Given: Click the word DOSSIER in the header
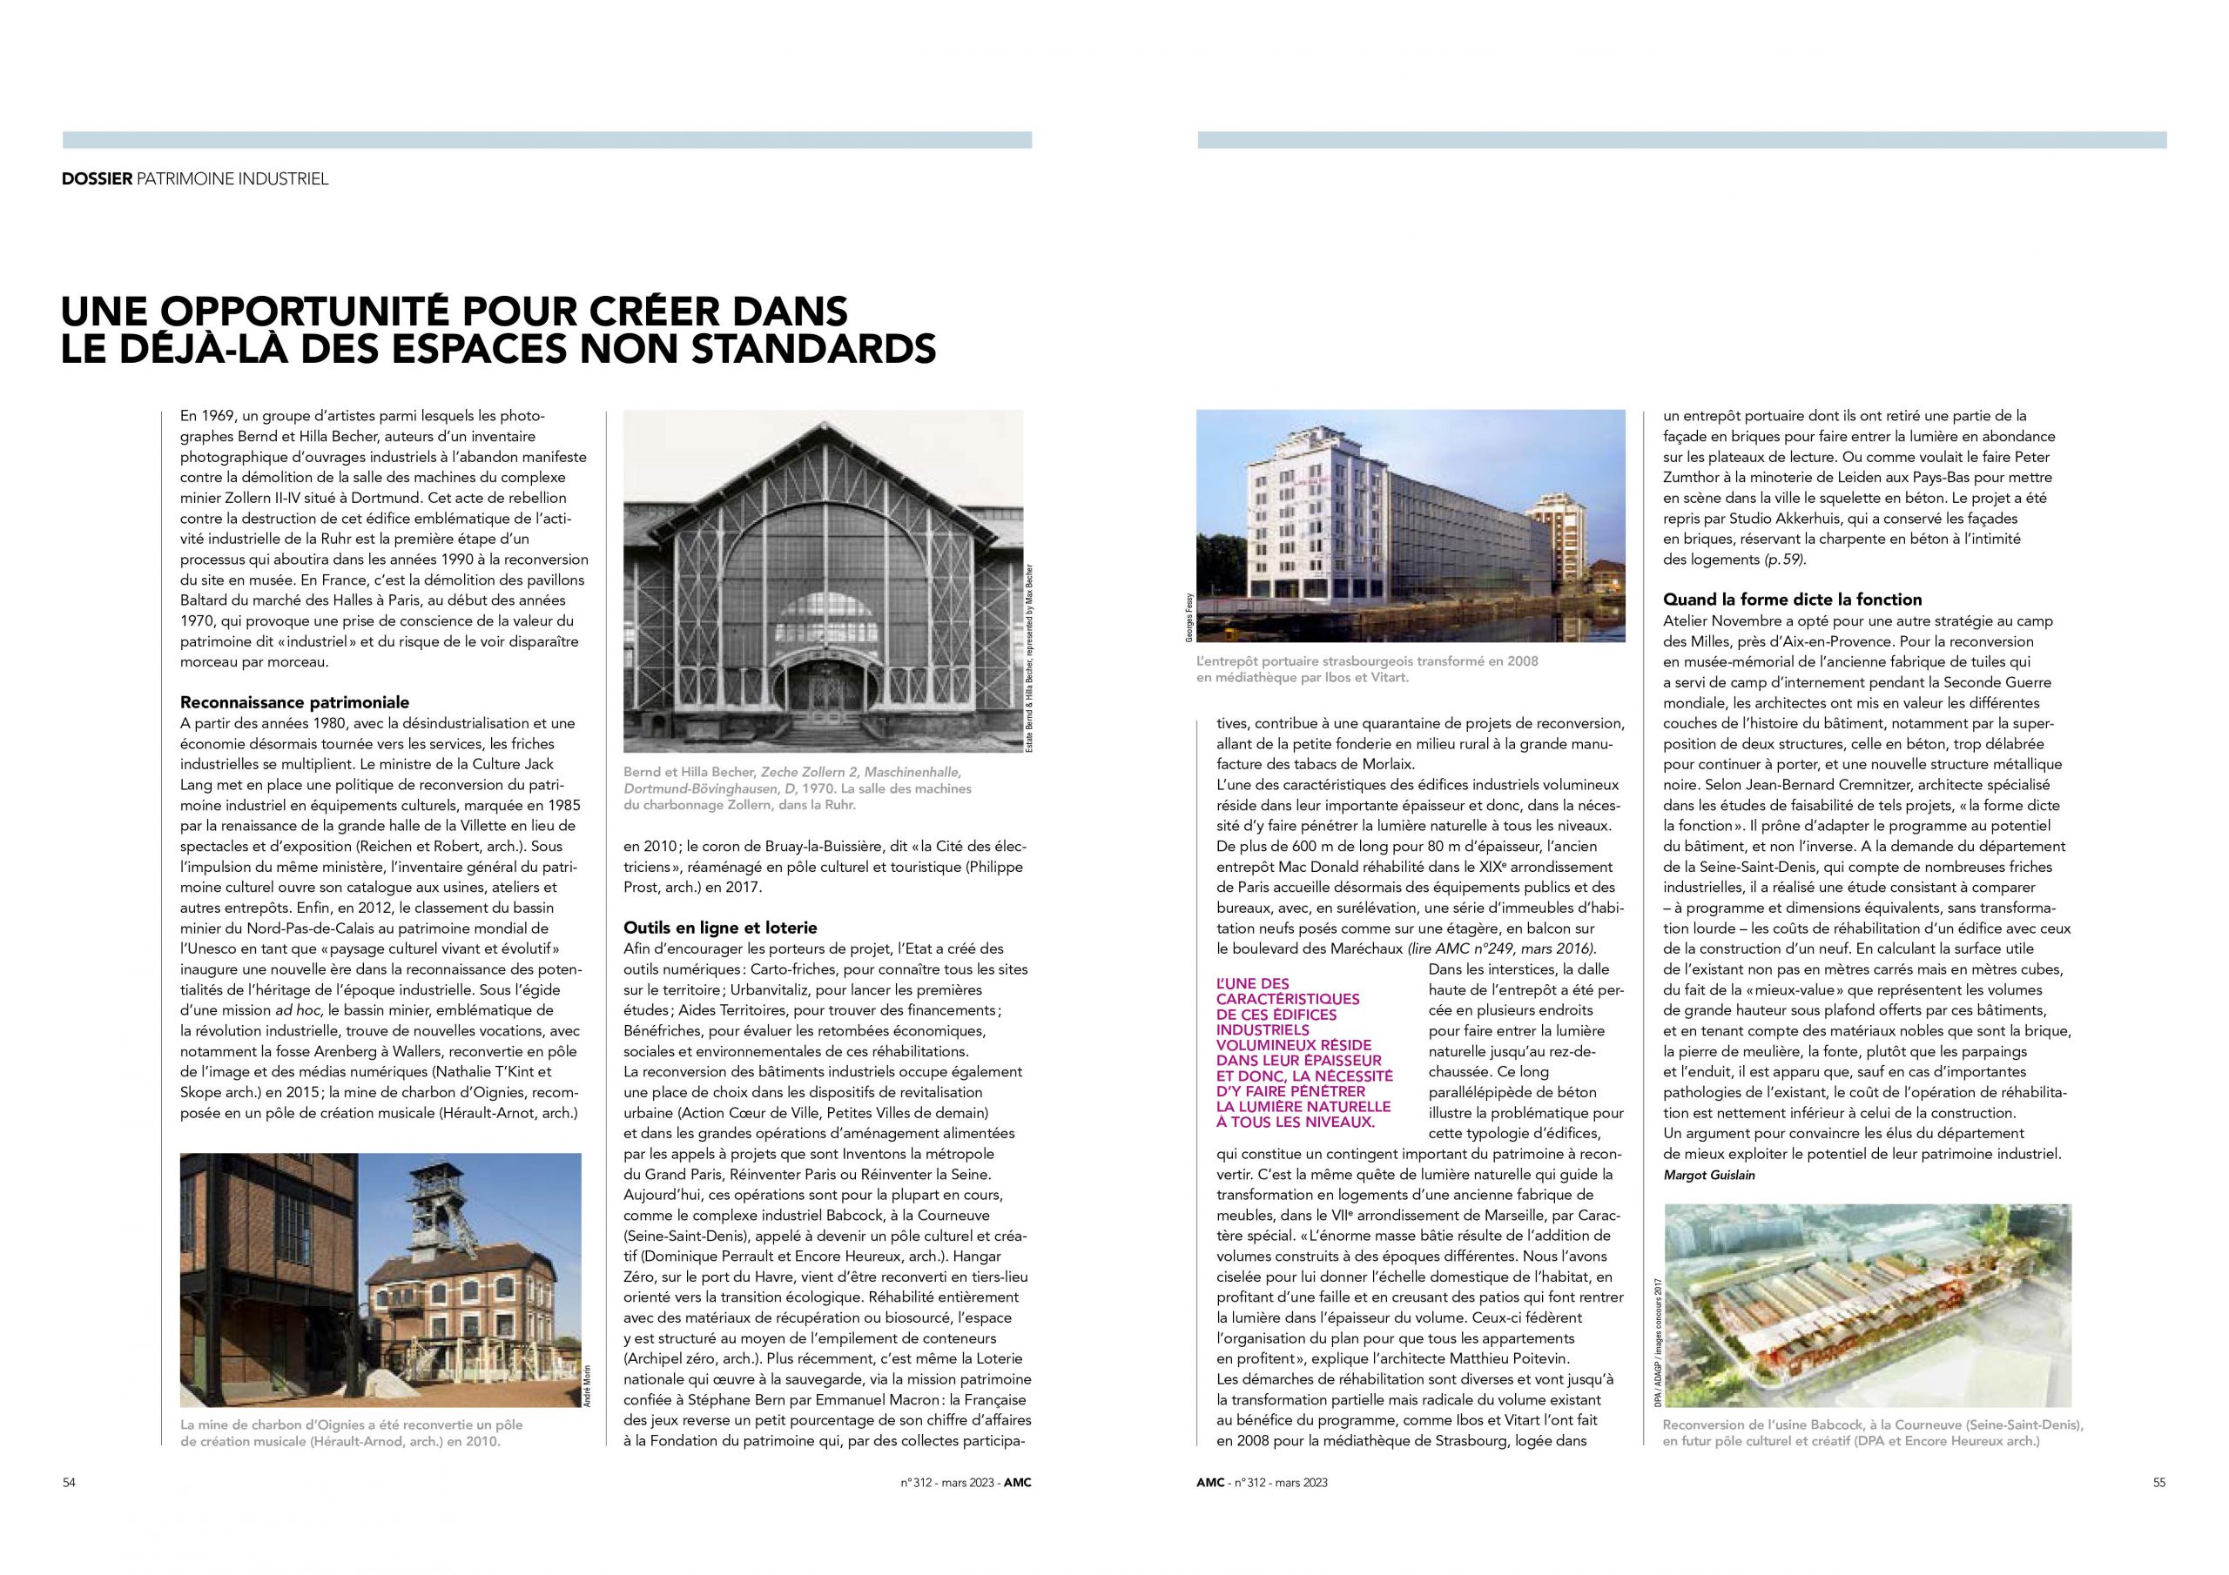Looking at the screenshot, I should tap(96, 179).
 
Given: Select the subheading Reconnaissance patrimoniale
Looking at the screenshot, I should tap(295, 701).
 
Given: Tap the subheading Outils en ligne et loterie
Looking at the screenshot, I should tap(720, 928).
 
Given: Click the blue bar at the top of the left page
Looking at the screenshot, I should tap(547, 140).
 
